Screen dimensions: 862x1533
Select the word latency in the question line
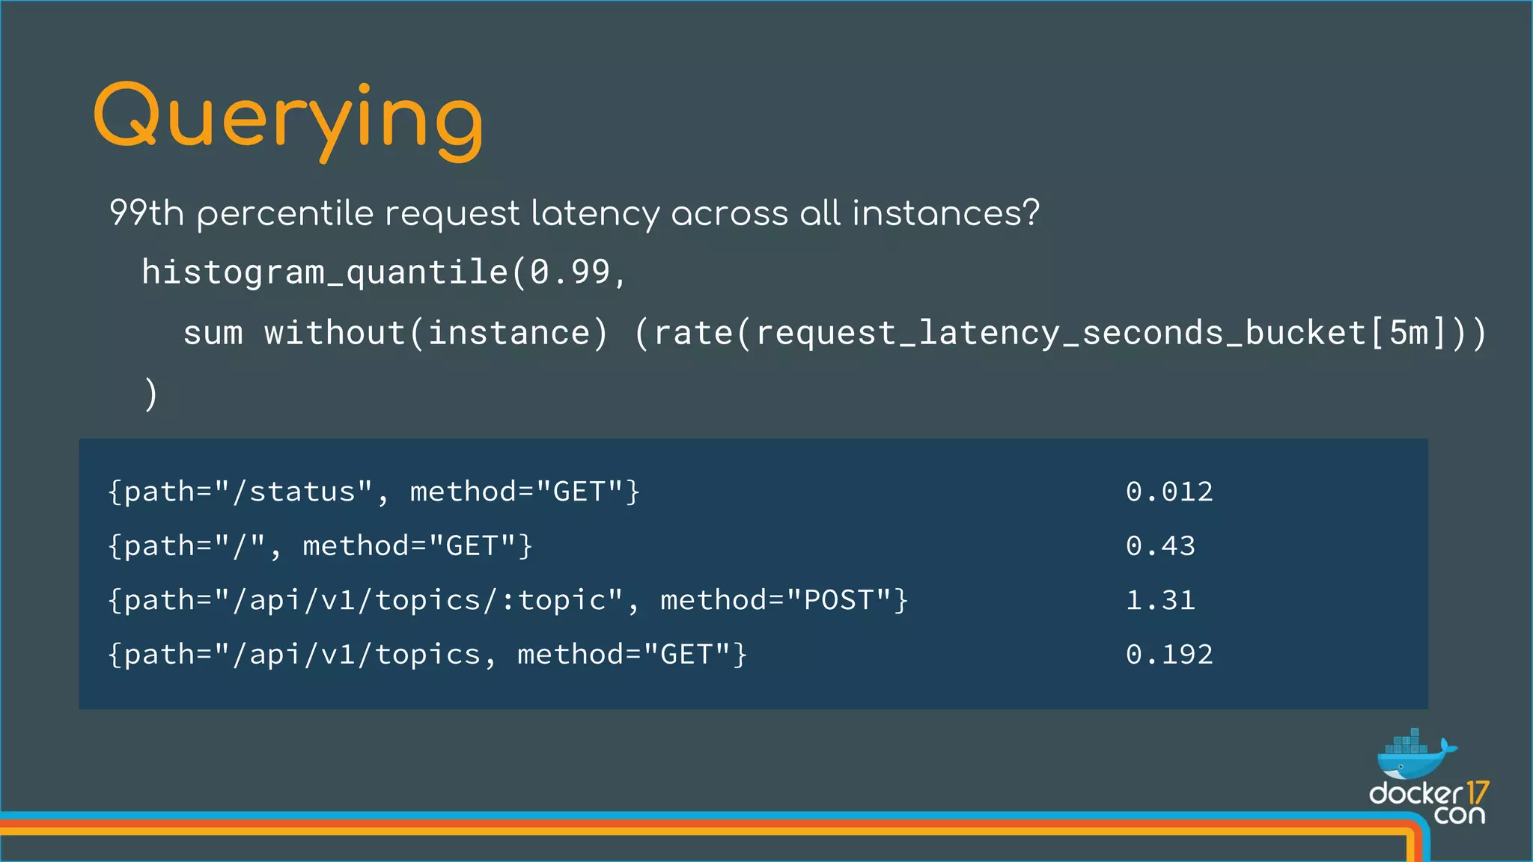tap(595, 214)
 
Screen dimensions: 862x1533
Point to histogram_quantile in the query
tap(325, 272)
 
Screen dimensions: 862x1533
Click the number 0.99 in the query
tap(570, 272)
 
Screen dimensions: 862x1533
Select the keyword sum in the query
tap(213, 333)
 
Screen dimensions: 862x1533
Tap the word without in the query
tap(335, 333)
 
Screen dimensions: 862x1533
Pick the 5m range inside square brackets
tap(1409, 333)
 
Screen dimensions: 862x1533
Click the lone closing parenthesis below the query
tap(150, 394)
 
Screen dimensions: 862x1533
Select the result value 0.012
tap(1169, 492)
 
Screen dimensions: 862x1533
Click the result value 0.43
tap(1160, 546)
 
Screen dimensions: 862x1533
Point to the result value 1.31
tap(1160, 600)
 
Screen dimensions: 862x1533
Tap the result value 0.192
tap(1169, 655)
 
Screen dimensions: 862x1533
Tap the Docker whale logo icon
tap(1413, 756)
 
